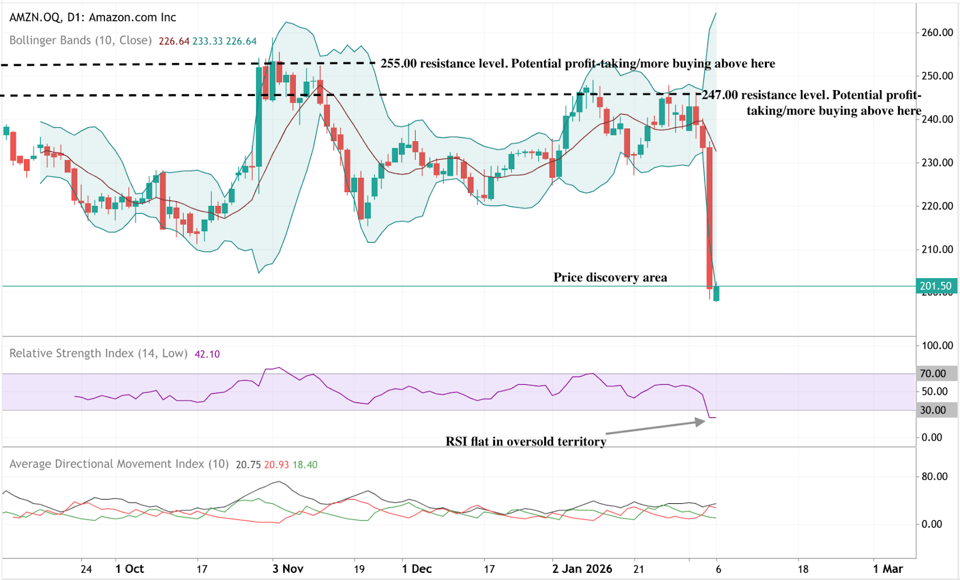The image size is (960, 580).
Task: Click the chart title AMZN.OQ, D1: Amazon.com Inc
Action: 93,17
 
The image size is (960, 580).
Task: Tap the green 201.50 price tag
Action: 935,286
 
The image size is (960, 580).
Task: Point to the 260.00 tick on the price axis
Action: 937,32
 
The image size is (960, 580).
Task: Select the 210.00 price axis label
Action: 937,249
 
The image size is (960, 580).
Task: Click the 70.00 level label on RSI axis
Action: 933,373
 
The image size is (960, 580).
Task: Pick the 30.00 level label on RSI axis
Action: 933,410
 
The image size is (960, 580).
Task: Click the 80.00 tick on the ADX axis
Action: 934,476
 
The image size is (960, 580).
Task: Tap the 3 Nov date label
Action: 288,569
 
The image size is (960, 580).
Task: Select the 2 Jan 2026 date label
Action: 582,569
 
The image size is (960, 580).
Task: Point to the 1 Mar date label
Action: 888,569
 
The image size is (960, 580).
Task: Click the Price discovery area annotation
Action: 610,277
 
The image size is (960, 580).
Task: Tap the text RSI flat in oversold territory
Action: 526,442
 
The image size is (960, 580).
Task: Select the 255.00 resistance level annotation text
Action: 577,64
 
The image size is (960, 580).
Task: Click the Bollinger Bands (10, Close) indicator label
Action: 80,40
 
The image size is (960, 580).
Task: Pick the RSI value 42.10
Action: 207,354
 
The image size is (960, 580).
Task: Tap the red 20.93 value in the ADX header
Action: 276,465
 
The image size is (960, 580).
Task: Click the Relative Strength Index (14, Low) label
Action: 98,354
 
